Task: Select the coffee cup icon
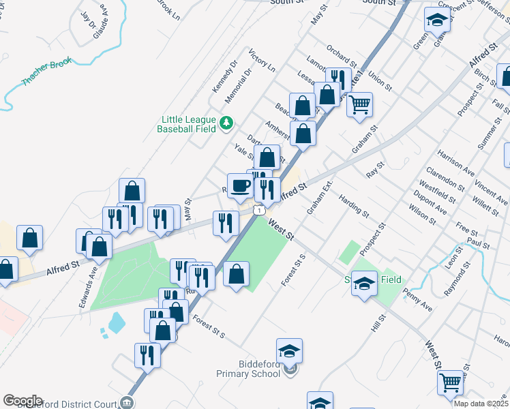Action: pyautogui.click(x=240, y=185)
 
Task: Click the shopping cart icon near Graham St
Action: pyautogui.click(x=359, y=105)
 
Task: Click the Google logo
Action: pyautogui.click(x=22, y=401)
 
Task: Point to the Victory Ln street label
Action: pyautogui.click(x=262, y=60)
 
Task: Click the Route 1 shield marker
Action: pyautogui.click(x=259, y=211)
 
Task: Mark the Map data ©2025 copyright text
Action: pyautogui.click(x=481, y=404)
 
